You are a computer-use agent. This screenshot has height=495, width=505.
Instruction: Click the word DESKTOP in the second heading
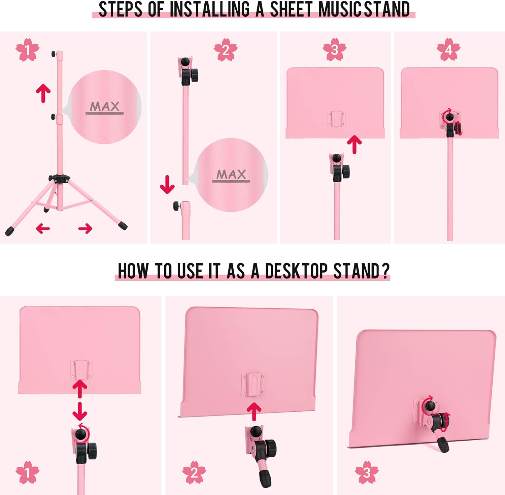pos(296,271)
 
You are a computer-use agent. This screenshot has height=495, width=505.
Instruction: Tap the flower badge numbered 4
pos(448,50)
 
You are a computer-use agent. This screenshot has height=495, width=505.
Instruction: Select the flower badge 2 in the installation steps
pos(226,50)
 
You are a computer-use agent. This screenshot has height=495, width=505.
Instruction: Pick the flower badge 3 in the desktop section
pos(366,472)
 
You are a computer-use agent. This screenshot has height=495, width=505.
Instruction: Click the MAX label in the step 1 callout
pos(104,107)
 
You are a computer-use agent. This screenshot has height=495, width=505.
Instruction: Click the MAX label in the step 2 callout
pos(231,175)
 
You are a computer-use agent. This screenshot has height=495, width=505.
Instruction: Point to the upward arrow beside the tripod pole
pos(43,93)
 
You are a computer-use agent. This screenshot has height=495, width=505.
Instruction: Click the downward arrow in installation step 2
pos(167,185)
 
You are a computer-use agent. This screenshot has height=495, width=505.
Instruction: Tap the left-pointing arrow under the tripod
pos(43,228)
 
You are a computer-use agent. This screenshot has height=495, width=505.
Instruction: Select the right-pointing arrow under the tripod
pos(85,228)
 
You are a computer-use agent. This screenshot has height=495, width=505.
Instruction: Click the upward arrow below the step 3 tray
pos(354,144)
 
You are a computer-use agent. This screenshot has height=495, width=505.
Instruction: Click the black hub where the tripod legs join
pos(59,179)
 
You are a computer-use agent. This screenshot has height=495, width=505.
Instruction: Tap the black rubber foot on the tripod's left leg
pos(9,231)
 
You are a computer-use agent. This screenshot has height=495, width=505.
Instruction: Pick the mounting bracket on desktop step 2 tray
pos(252,384)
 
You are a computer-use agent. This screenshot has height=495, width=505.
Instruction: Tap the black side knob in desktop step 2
pos(270,448)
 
